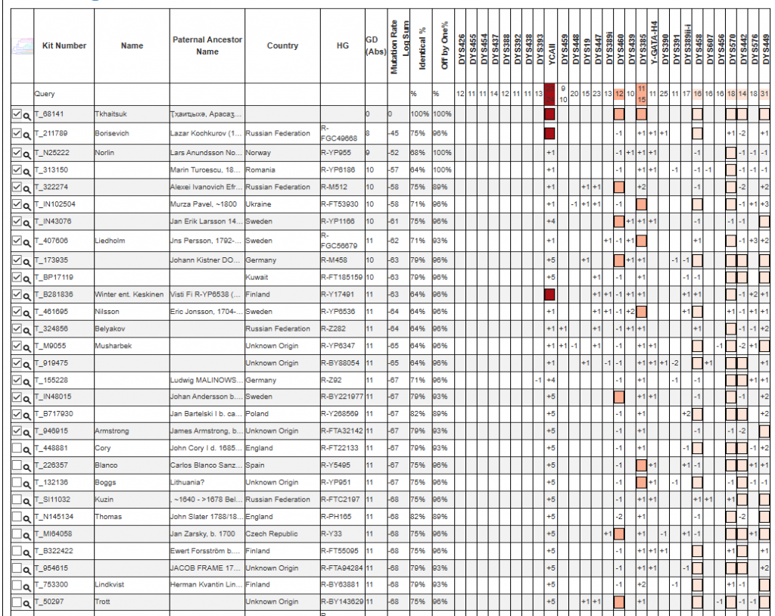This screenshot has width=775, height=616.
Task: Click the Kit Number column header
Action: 64,46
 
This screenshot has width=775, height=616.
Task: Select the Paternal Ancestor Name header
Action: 207,46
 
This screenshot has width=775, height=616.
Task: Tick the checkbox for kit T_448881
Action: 17,448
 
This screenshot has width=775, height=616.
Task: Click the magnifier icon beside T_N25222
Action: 26,153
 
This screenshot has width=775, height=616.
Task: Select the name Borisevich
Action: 112,133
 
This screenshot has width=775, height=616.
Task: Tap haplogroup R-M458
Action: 336,260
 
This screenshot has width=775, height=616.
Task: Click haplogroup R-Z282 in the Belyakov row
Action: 335,328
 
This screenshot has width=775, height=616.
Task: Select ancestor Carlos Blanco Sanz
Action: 206,465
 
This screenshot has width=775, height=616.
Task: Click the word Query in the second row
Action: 45,94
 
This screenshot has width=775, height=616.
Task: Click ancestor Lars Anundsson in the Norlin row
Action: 206,152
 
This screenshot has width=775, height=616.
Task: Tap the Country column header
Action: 282,46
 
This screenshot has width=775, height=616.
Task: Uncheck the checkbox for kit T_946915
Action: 17,431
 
